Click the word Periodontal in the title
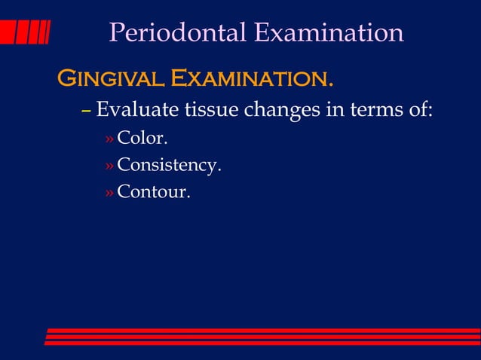click(x=178, y=32)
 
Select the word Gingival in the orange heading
click(x=112, y=78)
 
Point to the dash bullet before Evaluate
click(x=86, y=111)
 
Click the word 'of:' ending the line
click(x=420, y=111)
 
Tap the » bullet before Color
click(x=109, y=141)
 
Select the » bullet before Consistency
click(x=109, y=167)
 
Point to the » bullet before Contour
click(x=109, y=194)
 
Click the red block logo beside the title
click(x=25, y=32)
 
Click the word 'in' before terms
click(x=334, y=111)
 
